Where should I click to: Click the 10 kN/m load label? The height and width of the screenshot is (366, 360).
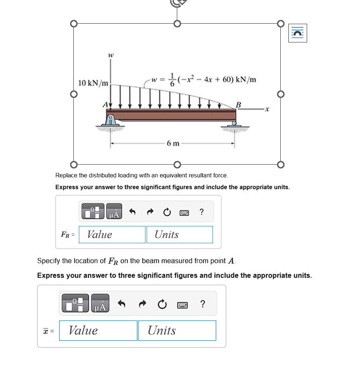coord(93,83)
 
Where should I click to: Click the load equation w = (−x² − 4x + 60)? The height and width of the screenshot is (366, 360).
coord(204,79)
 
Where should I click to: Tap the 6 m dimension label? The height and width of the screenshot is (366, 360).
coord(174,143)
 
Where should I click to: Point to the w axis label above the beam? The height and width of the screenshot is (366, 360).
coord(110,55)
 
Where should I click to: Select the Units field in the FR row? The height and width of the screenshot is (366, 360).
coord(179,234)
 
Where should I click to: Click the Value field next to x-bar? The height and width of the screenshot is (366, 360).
coord(98,330)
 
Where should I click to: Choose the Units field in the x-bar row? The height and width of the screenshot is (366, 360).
coord(176,330)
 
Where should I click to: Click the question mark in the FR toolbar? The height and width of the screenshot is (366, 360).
coord(202,212)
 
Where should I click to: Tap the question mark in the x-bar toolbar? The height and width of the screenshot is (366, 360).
coord(202,304)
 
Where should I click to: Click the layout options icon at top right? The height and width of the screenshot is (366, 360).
coord(297,33)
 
